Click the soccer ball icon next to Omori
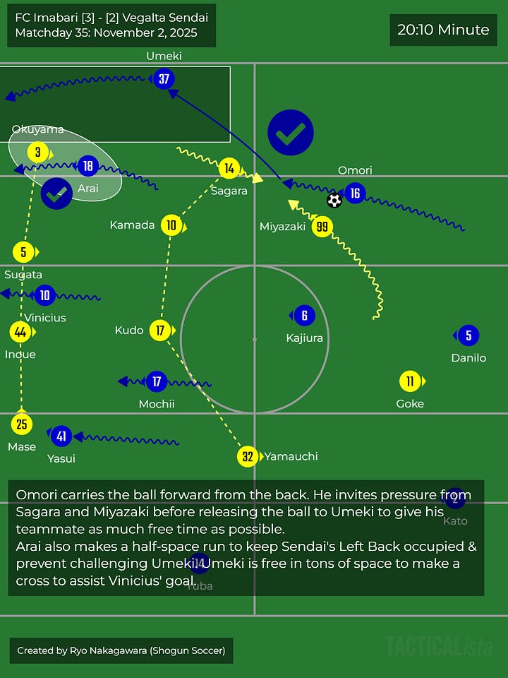tap(334, 201)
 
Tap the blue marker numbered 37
tap(164, 79)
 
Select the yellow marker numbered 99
tap(322, 227)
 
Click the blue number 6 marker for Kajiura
tap(304, 316)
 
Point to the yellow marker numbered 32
tap(248, 456)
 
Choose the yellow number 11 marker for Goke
tap(410, 382)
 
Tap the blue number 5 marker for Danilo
tap(468, 335)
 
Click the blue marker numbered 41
tap(61, 436)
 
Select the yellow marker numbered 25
tap(21, 424)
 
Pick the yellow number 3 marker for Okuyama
tap(37, 152)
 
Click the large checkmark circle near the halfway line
tap(291, 132)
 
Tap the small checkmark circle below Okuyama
tap(56, 193)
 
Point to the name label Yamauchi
tap(291, 456)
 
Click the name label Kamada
tap(132, 225)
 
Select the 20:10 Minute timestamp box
tap(443, 30)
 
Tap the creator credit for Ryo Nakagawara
tap(121, 650)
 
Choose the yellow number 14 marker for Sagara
tap(229, 168)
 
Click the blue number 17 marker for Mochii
tap(157, 382)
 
